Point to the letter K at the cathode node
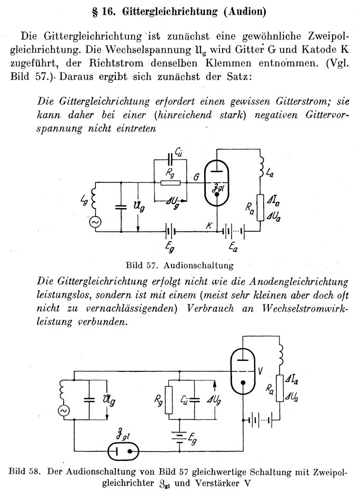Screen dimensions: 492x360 point(209,225)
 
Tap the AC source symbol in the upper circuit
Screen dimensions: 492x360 point(96,222)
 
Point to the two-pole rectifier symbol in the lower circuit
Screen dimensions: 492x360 point(123,451)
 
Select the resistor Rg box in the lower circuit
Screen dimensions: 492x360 point(169,400)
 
